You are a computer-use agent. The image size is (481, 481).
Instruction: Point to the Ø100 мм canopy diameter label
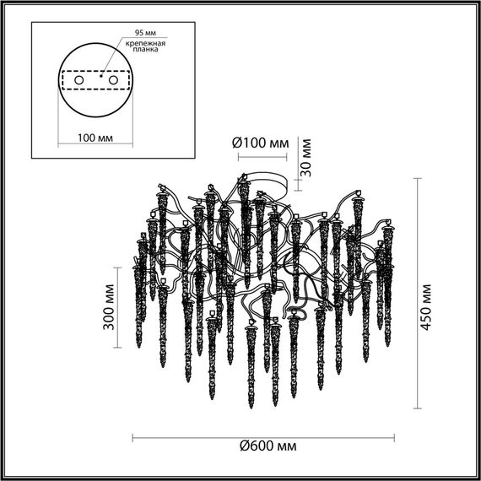(260, 141)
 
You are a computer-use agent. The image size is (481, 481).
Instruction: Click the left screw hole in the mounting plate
(79, 80)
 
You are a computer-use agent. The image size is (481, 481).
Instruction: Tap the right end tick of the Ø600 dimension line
(392, 436)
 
